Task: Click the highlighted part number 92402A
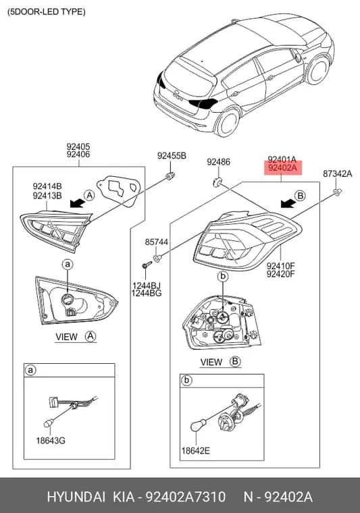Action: click(x=282, y=168)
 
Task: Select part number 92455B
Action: click(x=172, y=156)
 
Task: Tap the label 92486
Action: click(x=218, y=161)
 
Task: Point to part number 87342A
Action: click(x=338, y=173)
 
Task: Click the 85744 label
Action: click(x=157, y=242)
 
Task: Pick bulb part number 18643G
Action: click(x=51, y=440)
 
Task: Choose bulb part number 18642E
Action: click(x=196, y=450)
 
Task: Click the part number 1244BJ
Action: click(x=147, y=286)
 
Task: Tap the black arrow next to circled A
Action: click(x=77, y=203)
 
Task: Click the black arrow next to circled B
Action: click(x=288, y=204)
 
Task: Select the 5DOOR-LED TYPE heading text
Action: click(x=46, y=11)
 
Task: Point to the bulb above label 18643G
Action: click(x=49, y=423)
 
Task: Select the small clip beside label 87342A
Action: click(x=338, y=191)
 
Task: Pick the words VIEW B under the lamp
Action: click(x=220, y=362)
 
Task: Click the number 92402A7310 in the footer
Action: click(x=185, y=497)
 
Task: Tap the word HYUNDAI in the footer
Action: click(x=76, y=497)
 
